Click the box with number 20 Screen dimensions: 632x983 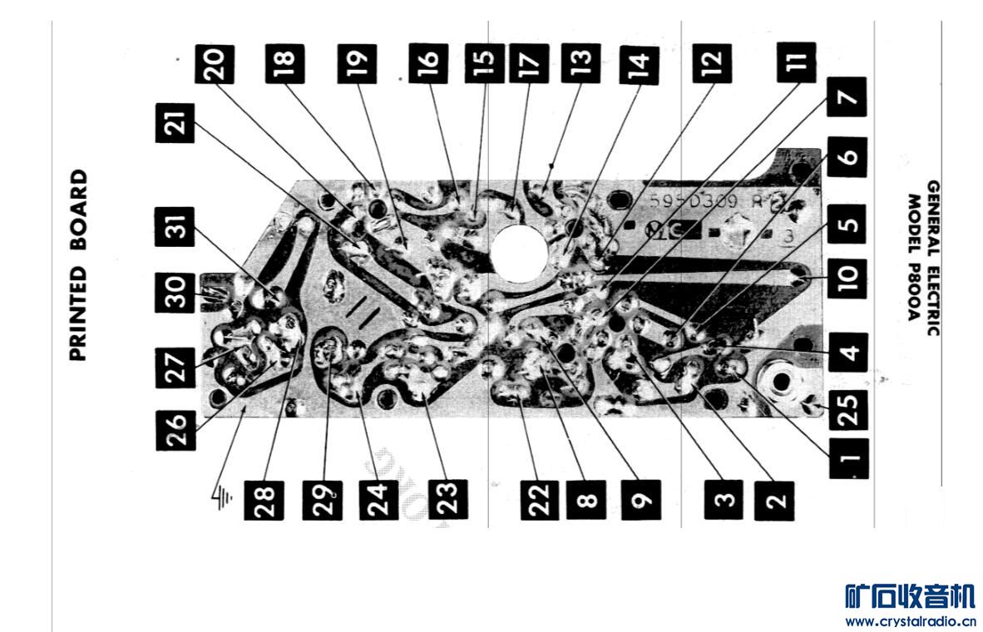tap(215, 63)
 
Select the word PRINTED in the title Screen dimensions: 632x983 tap(77, 314)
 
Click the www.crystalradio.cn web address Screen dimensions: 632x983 tap(910, 620)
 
